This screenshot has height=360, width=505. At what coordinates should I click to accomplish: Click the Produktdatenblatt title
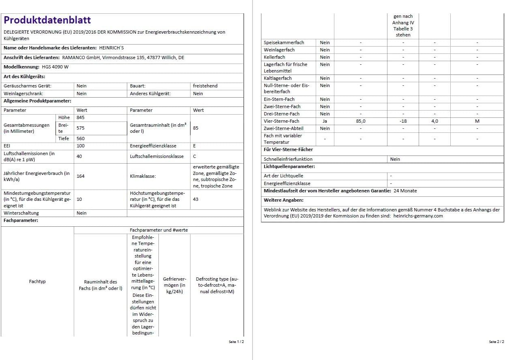[47, 20]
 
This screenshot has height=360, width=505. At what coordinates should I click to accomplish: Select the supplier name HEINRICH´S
[111, 48]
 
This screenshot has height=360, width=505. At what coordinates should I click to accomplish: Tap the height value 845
[80, 117]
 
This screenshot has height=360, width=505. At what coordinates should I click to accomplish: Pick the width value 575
[80, 128]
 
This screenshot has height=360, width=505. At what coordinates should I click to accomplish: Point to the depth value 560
[80, 138]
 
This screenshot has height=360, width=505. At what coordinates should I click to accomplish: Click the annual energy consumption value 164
[80, 176]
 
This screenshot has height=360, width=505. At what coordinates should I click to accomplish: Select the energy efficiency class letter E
[195, 146]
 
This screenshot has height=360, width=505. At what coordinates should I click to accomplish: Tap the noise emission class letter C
[195, 156]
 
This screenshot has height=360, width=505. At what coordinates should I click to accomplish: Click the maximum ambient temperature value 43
[195, 199]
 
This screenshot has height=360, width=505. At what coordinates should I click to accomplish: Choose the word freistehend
[205, 86]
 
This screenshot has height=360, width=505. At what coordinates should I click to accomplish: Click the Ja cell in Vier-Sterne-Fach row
[325, 121]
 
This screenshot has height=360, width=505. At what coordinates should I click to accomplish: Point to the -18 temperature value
[403, 121]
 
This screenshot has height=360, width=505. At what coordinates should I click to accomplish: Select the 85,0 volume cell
[360, 121]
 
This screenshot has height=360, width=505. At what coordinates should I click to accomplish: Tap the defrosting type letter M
[477, 121]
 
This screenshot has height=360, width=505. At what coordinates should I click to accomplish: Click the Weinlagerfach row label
[279, 50]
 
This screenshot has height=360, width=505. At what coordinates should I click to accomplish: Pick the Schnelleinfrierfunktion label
[288, 159]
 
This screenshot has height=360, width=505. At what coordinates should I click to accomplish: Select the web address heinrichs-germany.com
[418, 216]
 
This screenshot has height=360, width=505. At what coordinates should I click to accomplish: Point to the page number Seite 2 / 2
[496, 342]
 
